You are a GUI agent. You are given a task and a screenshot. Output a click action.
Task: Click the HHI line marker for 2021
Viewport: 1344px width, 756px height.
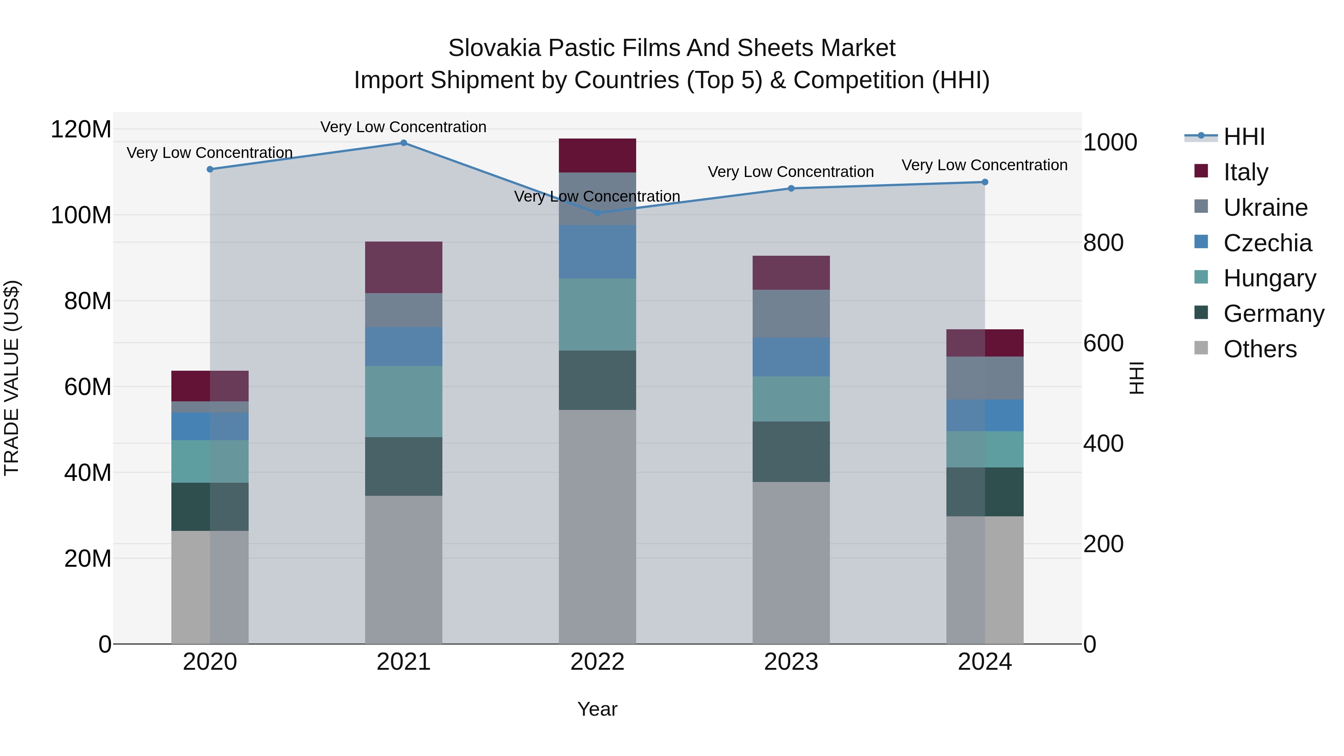[x=403, y=143]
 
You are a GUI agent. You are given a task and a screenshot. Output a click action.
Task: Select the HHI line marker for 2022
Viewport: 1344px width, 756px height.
[x=597, y=213]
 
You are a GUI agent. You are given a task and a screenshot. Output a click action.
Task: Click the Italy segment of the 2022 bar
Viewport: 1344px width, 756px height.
[x=597, y=155]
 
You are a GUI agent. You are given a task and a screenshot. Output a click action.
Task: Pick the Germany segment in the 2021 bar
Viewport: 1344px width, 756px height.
[x=403, y=466]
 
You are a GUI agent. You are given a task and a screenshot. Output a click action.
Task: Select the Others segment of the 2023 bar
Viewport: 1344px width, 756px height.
[x=791, y=563]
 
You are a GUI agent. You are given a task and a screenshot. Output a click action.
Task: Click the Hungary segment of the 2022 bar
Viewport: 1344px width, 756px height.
[x=597, y=315]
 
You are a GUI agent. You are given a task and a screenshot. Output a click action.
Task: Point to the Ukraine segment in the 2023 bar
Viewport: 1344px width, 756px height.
[x=791, y=314]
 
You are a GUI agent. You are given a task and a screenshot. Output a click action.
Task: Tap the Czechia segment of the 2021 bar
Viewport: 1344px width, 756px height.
[x=403, y=346]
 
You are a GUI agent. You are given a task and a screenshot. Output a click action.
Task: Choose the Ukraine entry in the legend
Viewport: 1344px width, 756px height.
[x=1265, y=208]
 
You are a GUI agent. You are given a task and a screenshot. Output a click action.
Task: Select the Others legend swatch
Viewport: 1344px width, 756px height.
[x=1201, y=348]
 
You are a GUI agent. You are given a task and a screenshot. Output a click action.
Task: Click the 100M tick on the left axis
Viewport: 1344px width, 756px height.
[x=81, y=215]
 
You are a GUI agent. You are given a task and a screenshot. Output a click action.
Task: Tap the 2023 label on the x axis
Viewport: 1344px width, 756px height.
[x=791, y=662]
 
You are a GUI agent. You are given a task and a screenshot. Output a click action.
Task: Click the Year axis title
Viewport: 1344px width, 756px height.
[x=597, y=709]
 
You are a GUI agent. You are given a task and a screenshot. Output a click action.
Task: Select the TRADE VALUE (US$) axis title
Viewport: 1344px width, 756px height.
[x=12, y=378]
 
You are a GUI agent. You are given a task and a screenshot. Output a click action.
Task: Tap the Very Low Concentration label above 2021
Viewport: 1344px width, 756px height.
[x=403, y=127]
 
